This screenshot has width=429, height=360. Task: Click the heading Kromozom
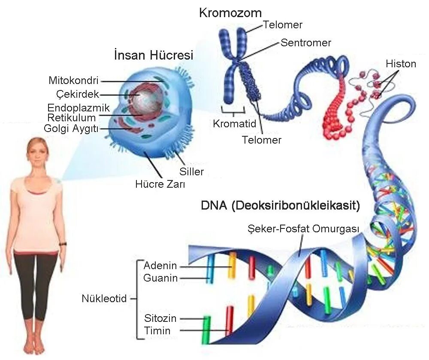click(230, 12)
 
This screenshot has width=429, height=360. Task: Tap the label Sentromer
click(306, 43)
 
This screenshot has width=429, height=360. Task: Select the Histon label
click(401, 64)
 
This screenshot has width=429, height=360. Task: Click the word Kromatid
click(234, 124)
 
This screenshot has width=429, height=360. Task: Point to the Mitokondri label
click(74, 81)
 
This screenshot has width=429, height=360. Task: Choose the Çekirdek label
click(78, 94)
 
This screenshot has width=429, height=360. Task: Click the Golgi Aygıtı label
click(72, 128)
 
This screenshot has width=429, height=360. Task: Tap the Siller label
click(191, 172)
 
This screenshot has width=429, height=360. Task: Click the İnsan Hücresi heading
click(154, 55)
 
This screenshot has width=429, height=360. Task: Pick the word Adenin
click(160, 266)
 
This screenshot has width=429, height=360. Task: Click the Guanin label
click(160, 278)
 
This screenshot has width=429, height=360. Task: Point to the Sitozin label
click(160, 318)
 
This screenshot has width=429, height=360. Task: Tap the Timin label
click(157, 330)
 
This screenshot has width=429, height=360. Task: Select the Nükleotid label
click(104, 298)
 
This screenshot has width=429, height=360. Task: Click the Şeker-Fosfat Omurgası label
click(303, 229)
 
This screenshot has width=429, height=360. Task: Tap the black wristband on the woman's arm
click(63, 244)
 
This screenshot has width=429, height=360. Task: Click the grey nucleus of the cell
click(148, 101)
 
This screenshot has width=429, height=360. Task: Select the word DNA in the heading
click(214, 206)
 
